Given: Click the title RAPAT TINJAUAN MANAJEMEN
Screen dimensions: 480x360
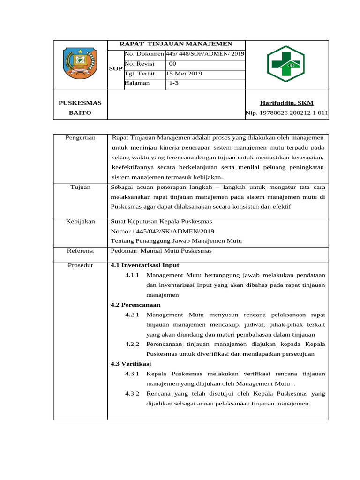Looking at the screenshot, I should click(176, 44).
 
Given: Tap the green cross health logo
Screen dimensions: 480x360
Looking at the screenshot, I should click(285, 64).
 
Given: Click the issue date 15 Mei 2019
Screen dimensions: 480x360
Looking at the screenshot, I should click(184, 74).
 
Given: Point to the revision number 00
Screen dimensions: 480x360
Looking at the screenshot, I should click(172, 63).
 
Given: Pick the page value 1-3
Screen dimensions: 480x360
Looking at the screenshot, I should click(173, 83).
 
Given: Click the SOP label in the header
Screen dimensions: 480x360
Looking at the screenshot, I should click(115, 68).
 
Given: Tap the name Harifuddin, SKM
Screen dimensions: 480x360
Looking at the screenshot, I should click(286, 103).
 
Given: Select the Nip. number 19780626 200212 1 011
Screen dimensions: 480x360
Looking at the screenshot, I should click(286, 113).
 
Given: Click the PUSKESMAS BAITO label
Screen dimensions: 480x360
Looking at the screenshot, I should click(80, 108).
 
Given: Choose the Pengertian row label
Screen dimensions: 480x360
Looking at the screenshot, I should click(80, 137).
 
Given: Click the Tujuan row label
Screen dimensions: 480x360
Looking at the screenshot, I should click(80, 187).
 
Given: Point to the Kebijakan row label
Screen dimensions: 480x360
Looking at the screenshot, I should click(80, 221).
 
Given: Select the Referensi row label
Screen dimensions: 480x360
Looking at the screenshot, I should click(80, 251).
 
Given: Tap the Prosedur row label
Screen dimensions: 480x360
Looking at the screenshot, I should click(80, 265).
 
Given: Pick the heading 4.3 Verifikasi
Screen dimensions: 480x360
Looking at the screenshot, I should click(131, 364).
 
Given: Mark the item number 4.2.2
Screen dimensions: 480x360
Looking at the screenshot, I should click(133, 344).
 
